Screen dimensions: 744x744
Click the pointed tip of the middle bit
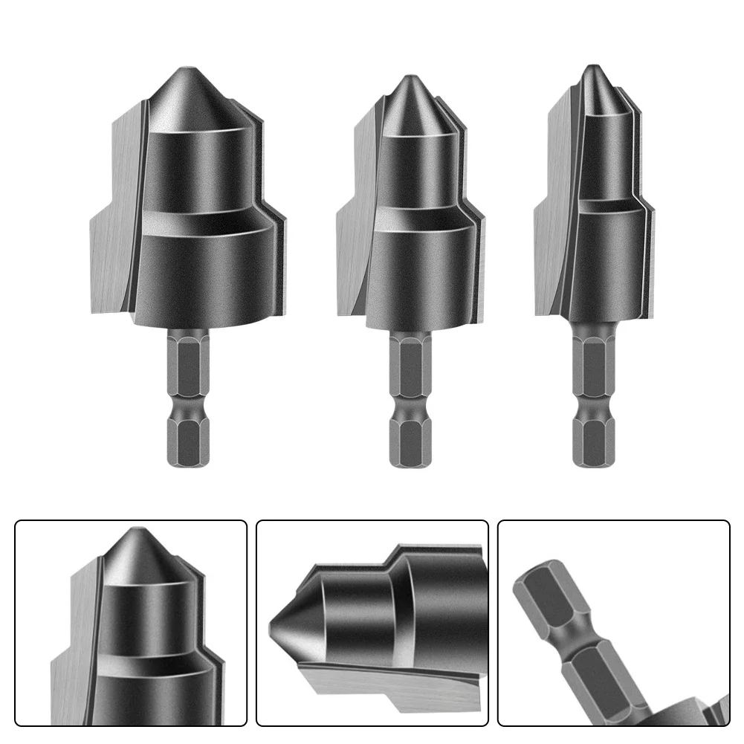(407, 78)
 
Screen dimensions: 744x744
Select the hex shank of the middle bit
(407, 394)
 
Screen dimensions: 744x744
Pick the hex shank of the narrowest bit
(593, 394)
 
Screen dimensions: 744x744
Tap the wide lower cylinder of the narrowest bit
(606, 260)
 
